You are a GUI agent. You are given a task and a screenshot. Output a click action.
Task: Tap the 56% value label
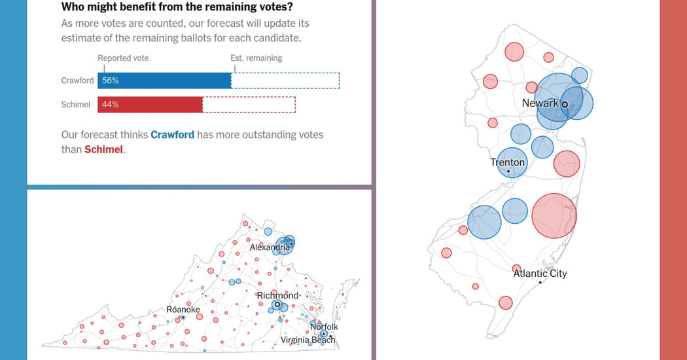[110, 81]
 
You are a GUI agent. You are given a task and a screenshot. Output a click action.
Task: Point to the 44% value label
[110, 105]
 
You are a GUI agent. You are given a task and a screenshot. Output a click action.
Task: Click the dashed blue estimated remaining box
[285, 81]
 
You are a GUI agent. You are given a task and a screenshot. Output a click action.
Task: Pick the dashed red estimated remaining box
[249, 105]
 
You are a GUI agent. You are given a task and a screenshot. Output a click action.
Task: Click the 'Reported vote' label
[123, 58]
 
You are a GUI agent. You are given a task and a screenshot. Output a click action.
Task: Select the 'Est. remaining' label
[256, 58]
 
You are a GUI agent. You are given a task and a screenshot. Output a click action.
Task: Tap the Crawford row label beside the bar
[77, 81]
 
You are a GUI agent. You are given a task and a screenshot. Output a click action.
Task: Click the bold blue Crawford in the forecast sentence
[172, 135]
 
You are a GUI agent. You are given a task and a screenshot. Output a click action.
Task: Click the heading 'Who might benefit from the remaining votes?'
[177, 7]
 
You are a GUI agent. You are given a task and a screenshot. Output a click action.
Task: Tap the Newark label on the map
[540, 103]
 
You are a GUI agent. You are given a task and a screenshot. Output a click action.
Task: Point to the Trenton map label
[508, 162]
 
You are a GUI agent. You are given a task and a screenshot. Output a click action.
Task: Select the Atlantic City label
[540, 274]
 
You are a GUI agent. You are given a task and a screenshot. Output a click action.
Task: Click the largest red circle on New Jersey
[554, 215]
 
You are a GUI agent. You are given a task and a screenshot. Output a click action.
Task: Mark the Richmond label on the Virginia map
[277, 296]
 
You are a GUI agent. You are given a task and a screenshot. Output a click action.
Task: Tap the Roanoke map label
[183, 310]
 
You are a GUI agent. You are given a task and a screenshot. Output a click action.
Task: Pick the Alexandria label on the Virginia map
[270, 247]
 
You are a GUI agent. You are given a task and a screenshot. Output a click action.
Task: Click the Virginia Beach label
[308, 340]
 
